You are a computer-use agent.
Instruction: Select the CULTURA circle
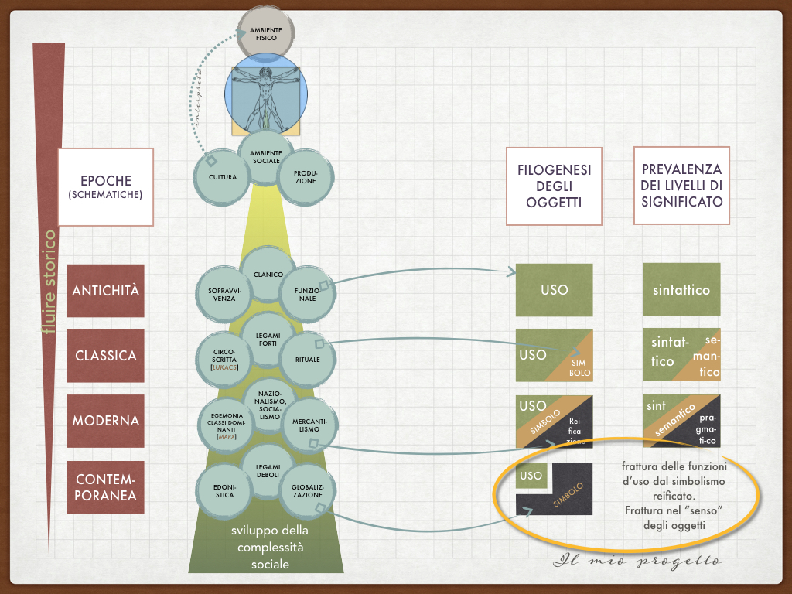point(222,177)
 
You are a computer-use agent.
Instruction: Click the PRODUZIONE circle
point(305,177)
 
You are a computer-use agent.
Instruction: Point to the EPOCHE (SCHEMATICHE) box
point(105,186)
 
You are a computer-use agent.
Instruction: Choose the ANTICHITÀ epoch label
point(106,291)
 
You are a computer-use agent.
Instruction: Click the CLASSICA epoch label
point(106,356)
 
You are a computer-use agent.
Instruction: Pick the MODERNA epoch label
point(106,421)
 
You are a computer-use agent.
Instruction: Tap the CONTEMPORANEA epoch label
point(106,486)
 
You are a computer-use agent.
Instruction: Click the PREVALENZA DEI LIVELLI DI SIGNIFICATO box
point(681,186)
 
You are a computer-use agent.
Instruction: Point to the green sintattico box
point(681,290)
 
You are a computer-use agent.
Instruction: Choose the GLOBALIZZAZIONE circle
point(307,490)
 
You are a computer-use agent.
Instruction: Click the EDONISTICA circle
point(224,490)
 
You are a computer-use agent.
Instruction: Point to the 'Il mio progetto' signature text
point(637,561)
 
